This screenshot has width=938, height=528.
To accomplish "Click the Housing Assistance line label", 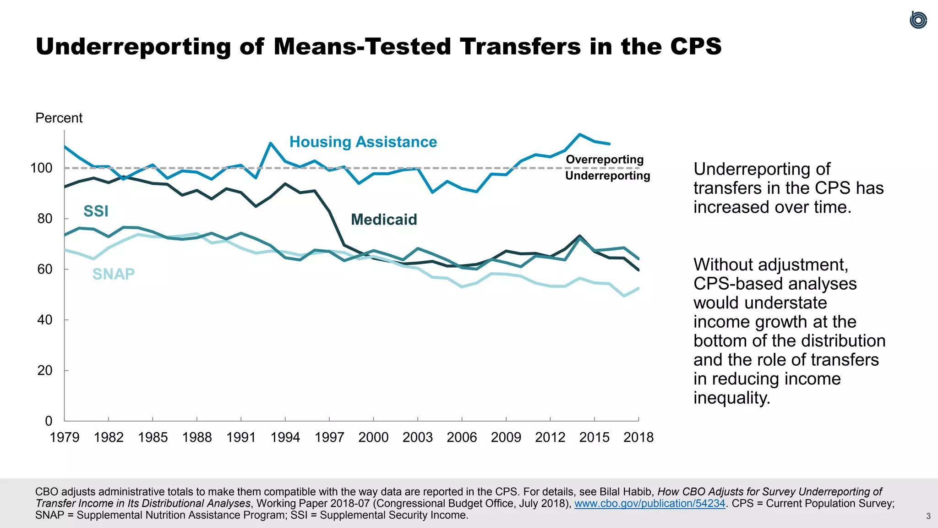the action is click(363, 143).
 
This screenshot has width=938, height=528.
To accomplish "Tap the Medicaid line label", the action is click(384, 220).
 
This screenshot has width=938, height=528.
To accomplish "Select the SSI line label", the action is click(96, 211).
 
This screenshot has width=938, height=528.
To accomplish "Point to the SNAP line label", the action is click(114, 274).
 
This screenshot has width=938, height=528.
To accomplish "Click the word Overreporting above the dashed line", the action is click(605, 160).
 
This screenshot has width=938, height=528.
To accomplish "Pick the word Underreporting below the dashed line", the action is click(607, 176).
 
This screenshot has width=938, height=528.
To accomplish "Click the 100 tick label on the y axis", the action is click(41, 168).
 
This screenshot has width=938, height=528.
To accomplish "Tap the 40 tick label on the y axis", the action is click(45, 320).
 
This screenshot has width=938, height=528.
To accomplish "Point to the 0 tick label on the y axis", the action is click(49, 421).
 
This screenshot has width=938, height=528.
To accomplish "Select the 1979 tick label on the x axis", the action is click(65, 437).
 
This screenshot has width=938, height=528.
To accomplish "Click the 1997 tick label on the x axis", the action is click(329, 437).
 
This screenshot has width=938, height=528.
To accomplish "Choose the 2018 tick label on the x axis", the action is click(638, 437).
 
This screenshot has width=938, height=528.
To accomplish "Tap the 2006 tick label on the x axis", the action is click(462, 437).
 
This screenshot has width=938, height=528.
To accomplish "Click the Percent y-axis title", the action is click(59, 118).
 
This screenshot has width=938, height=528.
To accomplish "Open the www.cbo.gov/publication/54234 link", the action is click(650, 503).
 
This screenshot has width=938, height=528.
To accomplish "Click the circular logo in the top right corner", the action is click(918, 20).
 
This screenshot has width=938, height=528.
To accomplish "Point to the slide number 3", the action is click(928, 516).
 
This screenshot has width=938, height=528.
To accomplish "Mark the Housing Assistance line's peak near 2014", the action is click(580, 134).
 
